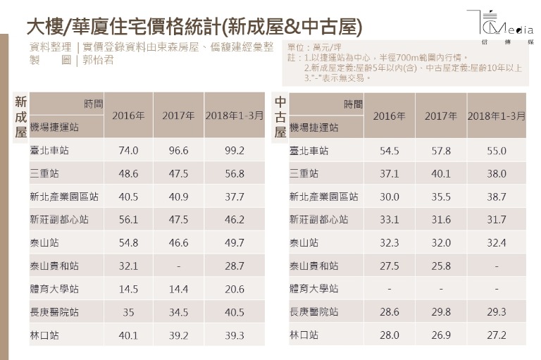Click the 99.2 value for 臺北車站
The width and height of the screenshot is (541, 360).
pyautogui.click(x=234, y=151)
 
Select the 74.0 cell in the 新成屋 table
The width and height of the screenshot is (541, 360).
pyautogui.click(x=129, y=151)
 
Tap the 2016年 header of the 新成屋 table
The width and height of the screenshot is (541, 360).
pyautogui.click(x=129, y=116)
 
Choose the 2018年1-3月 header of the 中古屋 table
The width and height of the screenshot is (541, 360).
pyautogui.click(x=497, y=116)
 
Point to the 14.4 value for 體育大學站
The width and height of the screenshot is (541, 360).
pyautogui.click(x=180, y=290)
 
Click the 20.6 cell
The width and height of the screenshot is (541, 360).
pyautogui.click(x=234, y=290)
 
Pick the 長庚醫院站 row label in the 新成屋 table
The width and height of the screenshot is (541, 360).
pyautogui.click(x=54, y=312)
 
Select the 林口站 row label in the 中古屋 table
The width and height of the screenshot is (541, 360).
pyautogui.click(x=304, y=335)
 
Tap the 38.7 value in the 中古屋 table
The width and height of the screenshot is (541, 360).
pyautogui.click(x=497, y=197)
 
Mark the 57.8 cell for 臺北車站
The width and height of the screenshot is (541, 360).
pyautogui.click(x=441, y=151)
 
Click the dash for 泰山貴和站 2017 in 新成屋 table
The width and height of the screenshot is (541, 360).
pyautogui.click(x=180, y=266)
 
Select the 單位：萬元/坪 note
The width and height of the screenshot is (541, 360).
pyautogui.click(x=313, y=46)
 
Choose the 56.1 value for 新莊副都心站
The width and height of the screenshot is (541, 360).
pyautogui.click(x=129, y=220)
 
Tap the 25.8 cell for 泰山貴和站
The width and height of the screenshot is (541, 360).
pyautogui.click(x=441, y=266)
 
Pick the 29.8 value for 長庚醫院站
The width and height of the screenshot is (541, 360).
pyautogui.click(x=441, y=312)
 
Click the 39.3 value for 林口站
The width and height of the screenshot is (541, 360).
pyautogui.click(x=234, y=335)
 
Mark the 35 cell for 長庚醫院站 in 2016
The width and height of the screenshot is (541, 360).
pyautogui.click(x=129, y=312)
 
